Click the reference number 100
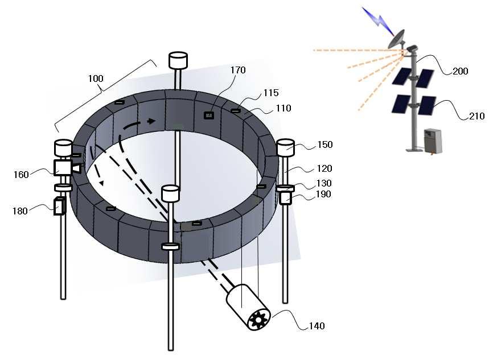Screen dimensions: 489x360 tap(96, 78)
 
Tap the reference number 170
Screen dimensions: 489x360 tap(238, 70)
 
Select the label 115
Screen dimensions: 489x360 tap(271, 93)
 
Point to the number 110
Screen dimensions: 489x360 tap(283, 108)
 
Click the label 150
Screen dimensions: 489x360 tap(325, 144)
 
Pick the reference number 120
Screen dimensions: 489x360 tap(324, 168)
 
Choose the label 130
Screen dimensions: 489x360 tap(324, 183)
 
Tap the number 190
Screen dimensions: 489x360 tap(323, 194)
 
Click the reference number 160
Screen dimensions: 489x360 tap(21, 175)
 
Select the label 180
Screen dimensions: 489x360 tap(20, 211)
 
